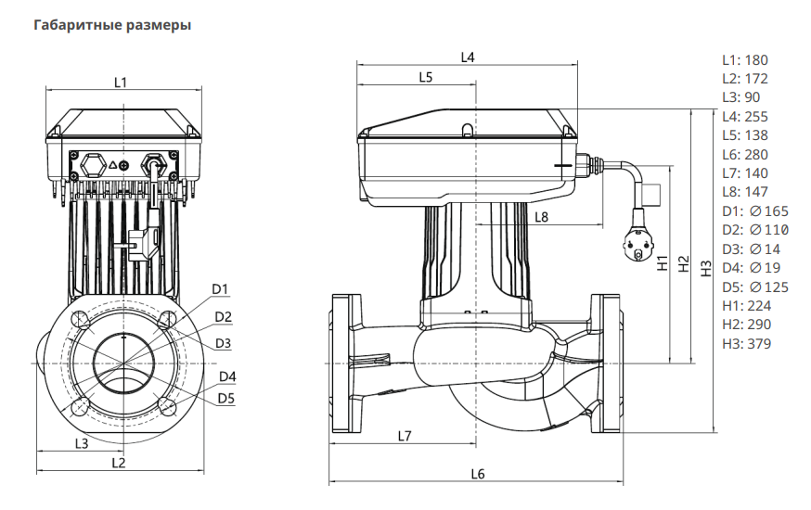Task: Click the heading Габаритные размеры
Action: pos(112,25)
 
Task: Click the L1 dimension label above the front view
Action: pos(121,83)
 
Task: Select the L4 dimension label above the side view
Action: pos(468,57)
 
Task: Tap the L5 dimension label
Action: pos(425,78)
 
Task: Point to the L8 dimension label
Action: pos(542,216)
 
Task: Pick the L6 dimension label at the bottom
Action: pos(477,474)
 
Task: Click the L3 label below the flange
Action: pos(82,443)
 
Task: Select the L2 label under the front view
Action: pos(118,462)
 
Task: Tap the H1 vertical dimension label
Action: pos(662,262)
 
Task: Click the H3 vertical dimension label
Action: pos(706,268)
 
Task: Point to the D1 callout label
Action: pos(220,289)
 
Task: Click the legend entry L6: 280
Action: pos(745,155)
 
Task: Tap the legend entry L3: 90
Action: pos(741,97)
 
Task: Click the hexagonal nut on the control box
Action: pos(94,165)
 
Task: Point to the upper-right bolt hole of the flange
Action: pos(166,321)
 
